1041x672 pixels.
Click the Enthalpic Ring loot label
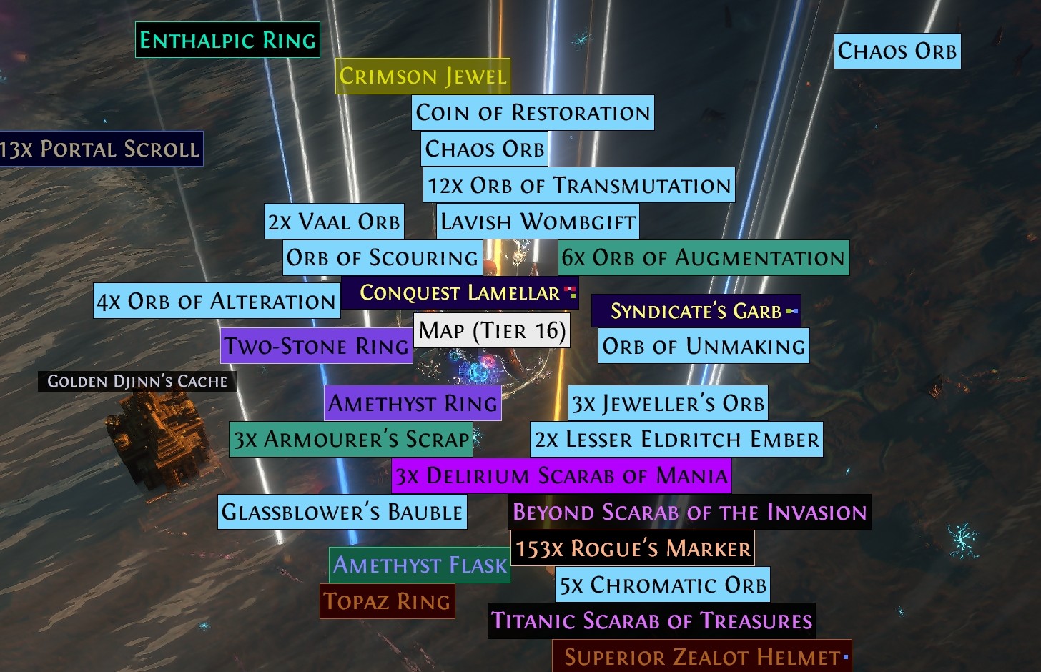[227, 40]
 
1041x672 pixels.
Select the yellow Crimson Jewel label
[423, 76]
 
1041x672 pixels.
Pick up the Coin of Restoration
[533, 113]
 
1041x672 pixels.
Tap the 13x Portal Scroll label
[100, 149]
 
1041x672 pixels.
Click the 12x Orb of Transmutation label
[578, 185]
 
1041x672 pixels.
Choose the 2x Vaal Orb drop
[334, 222]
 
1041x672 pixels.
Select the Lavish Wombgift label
[538, 222]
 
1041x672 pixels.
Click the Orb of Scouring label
[383, 257]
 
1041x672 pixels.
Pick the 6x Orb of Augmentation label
[704, 257]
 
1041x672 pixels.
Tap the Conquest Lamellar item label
[460, 293]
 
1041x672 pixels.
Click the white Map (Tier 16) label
[492, 331]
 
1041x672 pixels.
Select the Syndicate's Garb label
[696, 312]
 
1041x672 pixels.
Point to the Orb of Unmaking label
[704, 346]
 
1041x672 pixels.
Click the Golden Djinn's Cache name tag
[137, 381]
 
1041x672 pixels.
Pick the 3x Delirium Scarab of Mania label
[561, 475]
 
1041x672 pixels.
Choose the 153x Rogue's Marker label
[633, 548]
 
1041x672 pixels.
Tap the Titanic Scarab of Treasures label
[651, 621]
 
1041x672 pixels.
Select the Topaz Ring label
[387, 601]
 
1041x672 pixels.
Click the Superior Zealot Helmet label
[701, 656]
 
